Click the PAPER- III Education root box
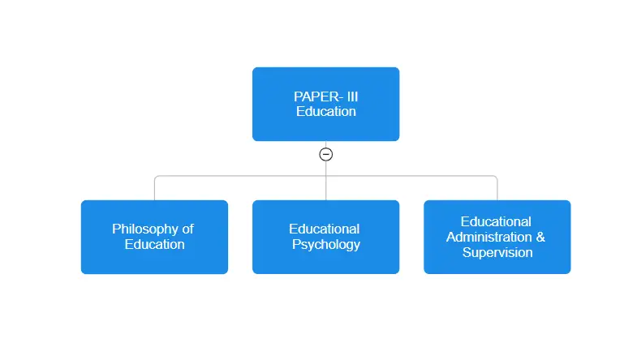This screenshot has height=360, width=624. click(x=325, y=104)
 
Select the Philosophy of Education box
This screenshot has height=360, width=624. click(x=154, y=237)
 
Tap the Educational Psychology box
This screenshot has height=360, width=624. click(x=325, y=237)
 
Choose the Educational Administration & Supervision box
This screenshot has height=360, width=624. click(x=497, y=237)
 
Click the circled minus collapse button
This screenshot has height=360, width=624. click(x=326, y=154)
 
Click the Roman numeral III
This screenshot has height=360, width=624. click(x=353, y=96)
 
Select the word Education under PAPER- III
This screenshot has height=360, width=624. click(x=326, y=111)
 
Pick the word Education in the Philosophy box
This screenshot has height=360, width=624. click(x=154, y=244)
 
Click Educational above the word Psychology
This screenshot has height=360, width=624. click(x=325, y=229)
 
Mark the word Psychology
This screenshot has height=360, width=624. click(x=326, y=245)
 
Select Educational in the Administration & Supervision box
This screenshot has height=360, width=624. click(x=496, y=221)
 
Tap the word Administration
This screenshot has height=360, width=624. click(x=489, y=237)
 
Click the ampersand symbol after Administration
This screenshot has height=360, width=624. click(x=540, y=237)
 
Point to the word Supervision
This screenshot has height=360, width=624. click(x=497, y=253)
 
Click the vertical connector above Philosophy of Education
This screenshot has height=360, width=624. click(x=154, y=189)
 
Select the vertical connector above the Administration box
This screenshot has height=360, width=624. click(x=497, y=189)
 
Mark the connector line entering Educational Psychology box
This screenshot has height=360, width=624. click(x=326, y=188)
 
